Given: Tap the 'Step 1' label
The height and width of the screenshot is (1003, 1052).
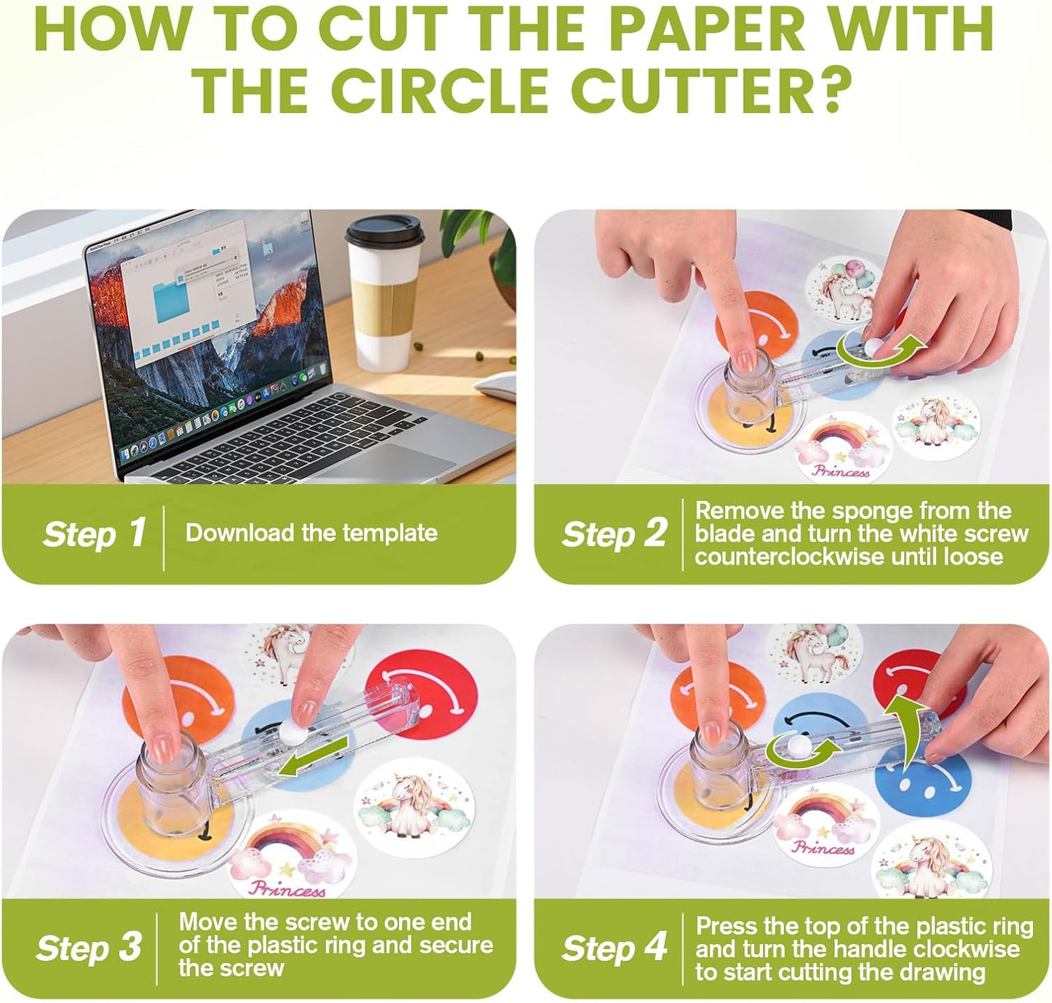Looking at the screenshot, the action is pos(94,534).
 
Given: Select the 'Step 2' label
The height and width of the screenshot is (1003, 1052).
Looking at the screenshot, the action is pos(614,534).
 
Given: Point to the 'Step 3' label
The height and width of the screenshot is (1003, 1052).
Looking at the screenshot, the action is pos(89,948).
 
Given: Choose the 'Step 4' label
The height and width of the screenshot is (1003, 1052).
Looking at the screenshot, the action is pos(614,948).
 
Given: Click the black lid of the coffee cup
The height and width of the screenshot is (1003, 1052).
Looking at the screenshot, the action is pos(384,231).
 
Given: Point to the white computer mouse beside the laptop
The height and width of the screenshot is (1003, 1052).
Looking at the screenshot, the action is pos(495,385).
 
